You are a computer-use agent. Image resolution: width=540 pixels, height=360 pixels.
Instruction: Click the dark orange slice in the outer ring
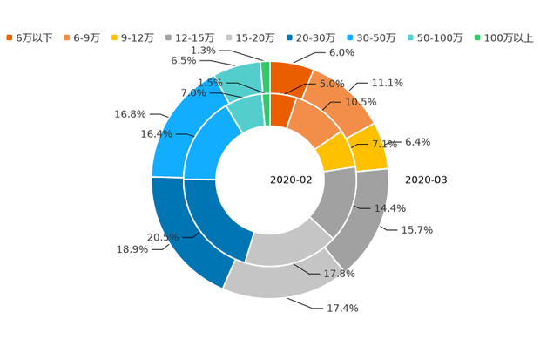pos(291,76)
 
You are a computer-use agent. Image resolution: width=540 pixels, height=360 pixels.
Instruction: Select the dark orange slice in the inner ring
pos(281,110)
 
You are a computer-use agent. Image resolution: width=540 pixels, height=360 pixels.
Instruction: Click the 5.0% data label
pos(333,84)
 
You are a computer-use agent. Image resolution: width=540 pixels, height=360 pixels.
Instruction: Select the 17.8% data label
pos(340,274)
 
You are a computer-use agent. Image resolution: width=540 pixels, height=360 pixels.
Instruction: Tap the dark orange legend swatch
pos(10,37)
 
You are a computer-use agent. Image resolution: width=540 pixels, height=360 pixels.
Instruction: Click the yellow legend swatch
pos(115,37)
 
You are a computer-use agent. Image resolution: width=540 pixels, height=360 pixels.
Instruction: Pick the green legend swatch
pos(476,37)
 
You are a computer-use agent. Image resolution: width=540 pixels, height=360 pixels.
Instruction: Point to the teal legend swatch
pos(409,37)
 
